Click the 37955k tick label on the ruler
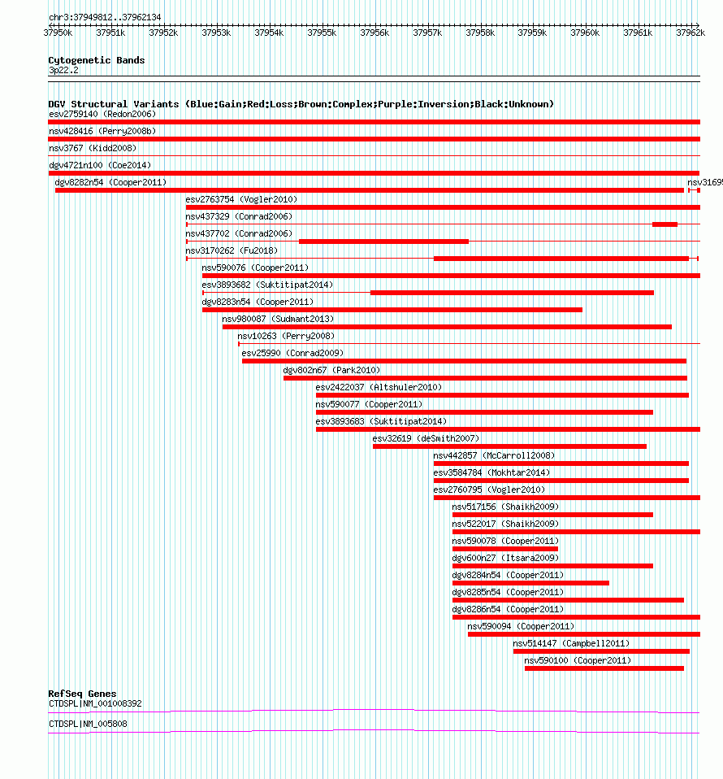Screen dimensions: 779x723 coord(322,33)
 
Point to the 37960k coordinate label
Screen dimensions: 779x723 coord(585,33)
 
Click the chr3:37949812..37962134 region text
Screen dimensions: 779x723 coord(105,17)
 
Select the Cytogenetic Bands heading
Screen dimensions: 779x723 coord(96,60)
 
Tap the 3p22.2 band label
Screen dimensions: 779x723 coord(63,71)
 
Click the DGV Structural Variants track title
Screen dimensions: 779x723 coord(301,104)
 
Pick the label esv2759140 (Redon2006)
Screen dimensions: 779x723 coord(102,114)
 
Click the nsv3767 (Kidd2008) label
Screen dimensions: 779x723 coord(93,148)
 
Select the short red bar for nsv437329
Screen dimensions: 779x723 coord(665,224)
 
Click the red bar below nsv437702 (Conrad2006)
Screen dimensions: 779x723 coord(383,241)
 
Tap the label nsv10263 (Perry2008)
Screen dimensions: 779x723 coord(286,336)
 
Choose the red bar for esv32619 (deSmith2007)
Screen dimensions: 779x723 coord(509,446)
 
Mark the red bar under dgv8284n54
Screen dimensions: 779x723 coord(530,582)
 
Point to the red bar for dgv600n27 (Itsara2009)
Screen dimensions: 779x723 coord(552,565)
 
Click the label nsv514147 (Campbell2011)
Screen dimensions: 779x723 coord(571,643)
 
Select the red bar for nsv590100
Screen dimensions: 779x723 coord(604,668)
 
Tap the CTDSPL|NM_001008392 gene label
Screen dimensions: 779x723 coord(95,703)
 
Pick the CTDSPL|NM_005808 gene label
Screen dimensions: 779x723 coord(88,724)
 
